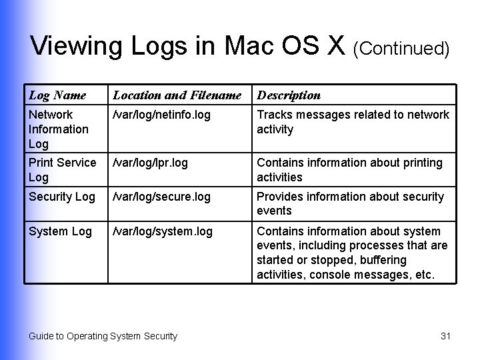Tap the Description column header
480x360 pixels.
click(289, 95)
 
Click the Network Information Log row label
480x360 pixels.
click(59, 129)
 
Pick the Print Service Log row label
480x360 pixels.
click(62, 170)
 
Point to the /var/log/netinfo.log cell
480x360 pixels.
click(161, 115)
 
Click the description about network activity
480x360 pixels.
click(353, 122)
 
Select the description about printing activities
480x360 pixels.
click(349, 170)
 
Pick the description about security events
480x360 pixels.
click(350, 203)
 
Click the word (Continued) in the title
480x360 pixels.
click(401, 48)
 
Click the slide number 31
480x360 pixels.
click(446, 336)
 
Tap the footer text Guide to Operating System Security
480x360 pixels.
click(103, 336)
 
